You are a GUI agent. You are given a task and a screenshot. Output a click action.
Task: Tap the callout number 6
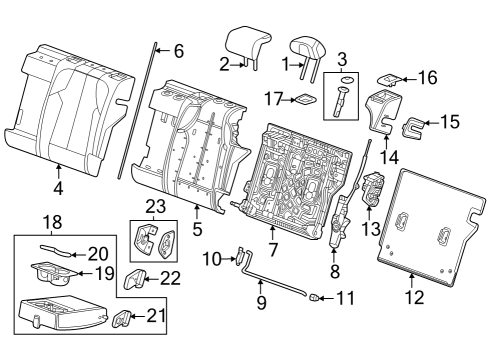tap(178, 50)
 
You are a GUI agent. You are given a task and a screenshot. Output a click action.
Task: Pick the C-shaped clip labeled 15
tap(413, 125)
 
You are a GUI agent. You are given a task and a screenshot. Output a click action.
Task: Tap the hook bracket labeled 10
tap(242, 260)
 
